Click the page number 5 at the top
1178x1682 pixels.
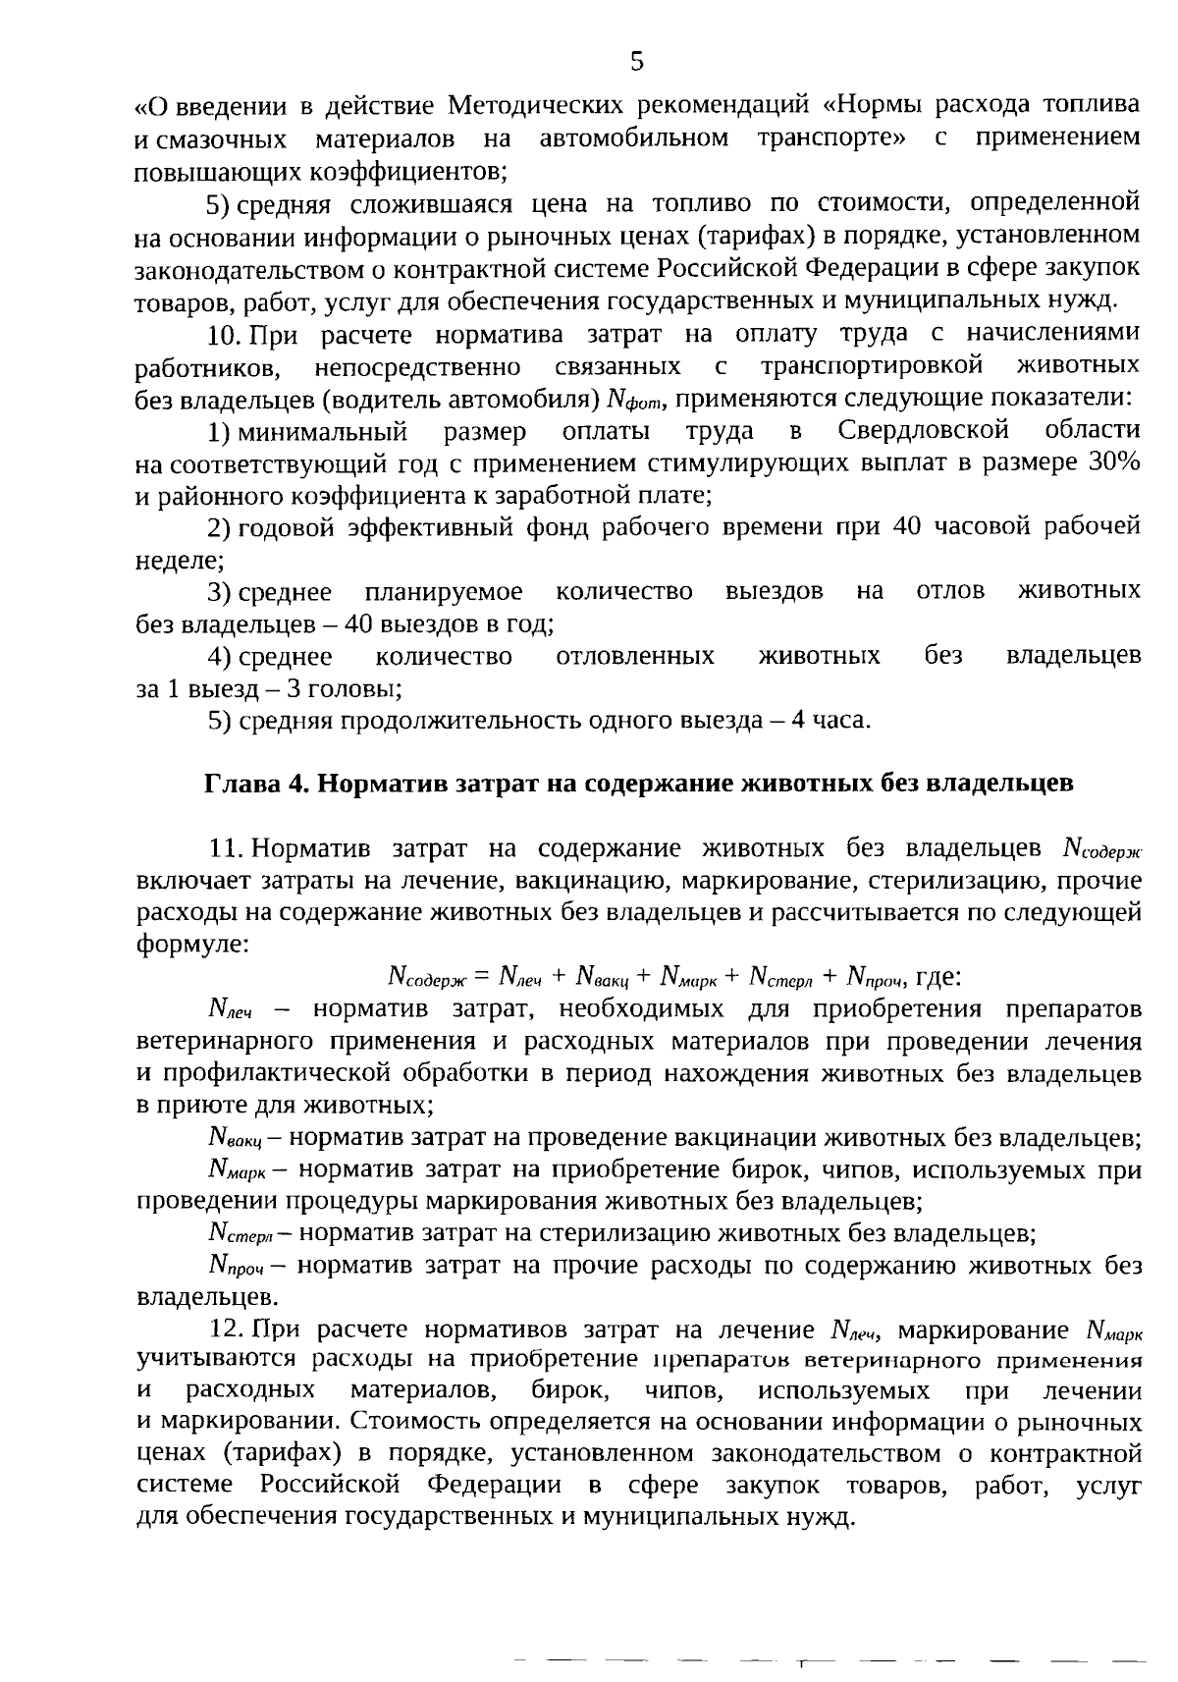pos(636,62)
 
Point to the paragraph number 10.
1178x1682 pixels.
pos(224,334)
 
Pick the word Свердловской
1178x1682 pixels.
pos(924,430)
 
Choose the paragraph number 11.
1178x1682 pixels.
pos(225,847)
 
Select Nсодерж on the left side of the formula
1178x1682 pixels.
pos(429,977)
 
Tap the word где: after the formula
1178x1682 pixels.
pos(937,977)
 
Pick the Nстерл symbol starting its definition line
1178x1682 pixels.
pos(239,1233)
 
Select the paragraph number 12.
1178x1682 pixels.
pos(226,1330)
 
